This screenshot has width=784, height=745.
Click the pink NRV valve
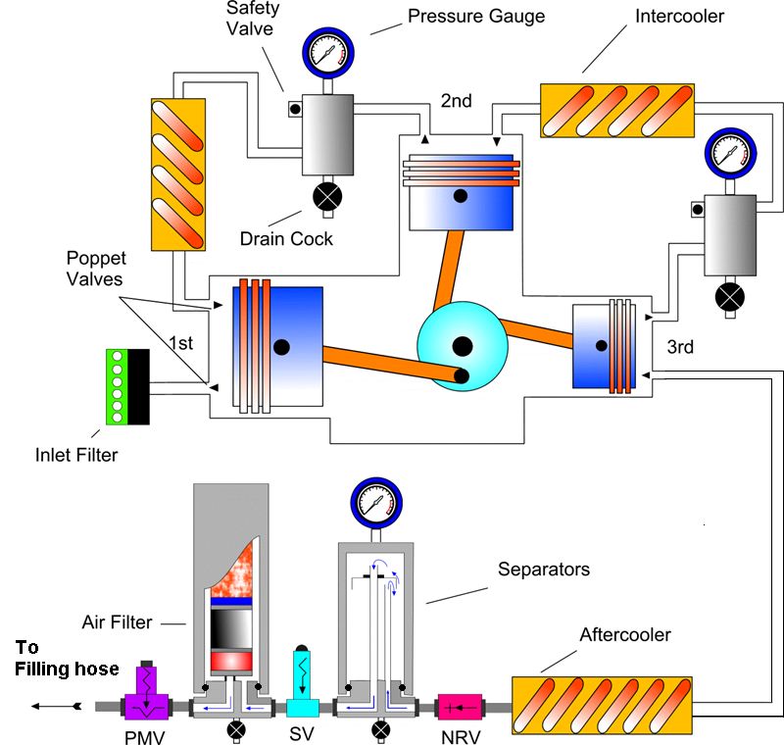click(x=460, y=706)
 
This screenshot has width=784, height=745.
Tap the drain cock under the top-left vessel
click(x=325, y=198)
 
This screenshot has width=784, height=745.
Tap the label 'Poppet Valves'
click(x=96, y=267)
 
